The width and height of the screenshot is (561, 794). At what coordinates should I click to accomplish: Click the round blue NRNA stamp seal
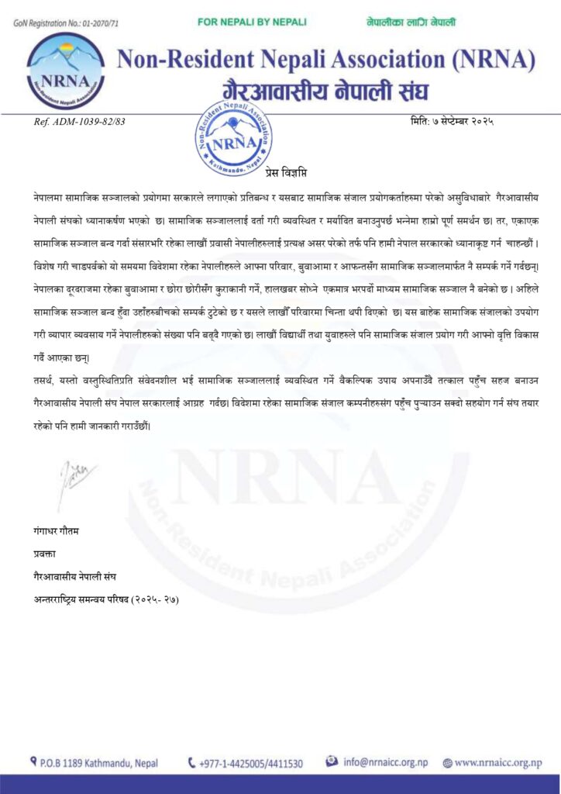(x=233, y=138)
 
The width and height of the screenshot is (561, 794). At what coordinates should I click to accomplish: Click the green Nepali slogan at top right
(x=411, y=22)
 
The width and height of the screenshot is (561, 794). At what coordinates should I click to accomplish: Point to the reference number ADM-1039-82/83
(x=80, y=121)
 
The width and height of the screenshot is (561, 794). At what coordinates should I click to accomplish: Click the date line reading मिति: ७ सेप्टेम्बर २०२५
(x=452, y=120)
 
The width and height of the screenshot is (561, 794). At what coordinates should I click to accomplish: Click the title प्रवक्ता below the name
(x=41, y=554)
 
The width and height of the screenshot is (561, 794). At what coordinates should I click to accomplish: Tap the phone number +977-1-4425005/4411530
(x=250, y=763)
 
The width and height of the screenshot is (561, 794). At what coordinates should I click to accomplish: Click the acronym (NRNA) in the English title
(x=493, y=59)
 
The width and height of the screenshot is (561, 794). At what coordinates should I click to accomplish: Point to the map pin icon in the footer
(x=32, y=762)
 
